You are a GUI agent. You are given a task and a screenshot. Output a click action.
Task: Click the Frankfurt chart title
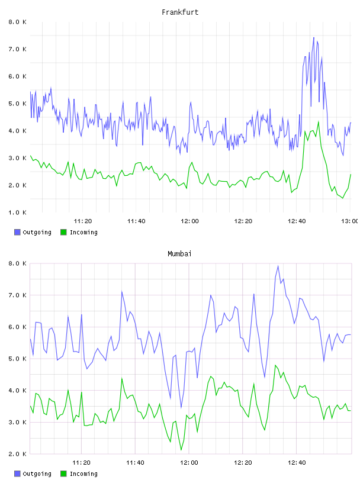pyautogui.click(x=180, y=12)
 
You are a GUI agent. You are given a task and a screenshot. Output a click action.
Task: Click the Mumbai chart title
pyautogui.click(x=179, y=254)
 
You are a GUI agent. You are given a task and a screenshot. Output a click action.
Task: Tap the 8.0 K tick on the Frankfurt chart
pyautogui.click(x=18, y=22)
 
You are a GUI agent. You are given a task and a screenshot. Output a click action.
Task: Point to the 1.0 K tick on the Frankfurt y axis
pyautogui.click(x=18, y=212)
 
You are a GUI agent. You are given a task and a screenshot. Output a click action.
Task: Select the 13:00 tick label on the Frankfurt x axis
pyautogui.click(x=349, y=221)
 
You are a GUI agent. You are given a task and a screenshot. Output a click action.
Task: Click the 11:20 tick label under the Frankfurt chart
pyautogui.click(x=83, y=221)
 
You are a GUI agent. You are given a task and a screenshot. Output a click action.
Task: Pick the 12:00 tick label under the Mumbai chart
pyautogui.click(x=189, y=463)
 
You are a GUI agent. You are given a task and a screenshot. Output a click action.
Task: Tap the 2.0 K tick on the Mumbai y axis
pyautogui.click(x=18, y=454)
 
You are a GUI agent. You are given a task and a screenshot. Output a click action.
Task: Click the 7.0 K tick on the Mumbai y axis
pyautogui.click(x=18, y=295)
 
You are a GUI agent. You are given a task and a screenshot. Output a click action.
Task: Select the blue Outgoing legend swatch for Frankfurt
pyautogui.click(x=17, y=232)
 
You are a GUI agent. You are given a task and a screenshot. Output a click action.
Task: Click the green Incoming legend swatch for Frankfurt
pyautogui.click(x=63, y=232)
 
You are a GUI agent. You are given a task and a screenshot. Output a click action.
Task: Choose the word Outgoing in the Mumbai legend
pyautogui.click(x=37, y=474)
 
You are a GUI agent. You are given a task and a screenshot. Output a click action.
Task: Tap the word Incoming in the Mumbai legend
pyautogui.click(x=83, y=474)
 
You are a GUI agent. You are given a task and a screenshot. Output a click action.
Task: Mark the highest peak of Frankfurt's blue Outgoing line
pyautogui.click(x=314, y=37)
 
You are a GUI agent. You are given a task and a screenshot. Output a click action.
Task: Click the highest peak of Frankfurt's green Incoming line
pyautogui.click(x=319, y=122)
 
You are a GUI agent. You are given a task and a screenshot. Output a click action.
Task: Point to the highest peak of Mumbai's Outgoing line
pyautogui.click(x=278, y=266)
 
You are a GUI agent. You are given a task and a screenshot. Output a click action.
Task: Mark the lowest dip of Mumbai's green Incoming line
pyautogui.click(x=181, y=450)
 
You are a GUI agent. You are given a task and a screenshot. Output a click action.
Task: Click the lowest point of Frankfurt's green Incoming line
pyautogui.click(x=342, y=198)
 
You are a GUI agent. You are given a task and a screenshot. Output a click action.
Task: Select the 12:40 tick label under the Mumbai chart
pyautogui.click(x=297, y=463)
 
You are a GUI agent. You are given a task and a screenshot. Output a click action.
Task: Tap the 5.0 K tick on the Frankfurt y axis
pyautogui.click(x=18, y=104)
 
